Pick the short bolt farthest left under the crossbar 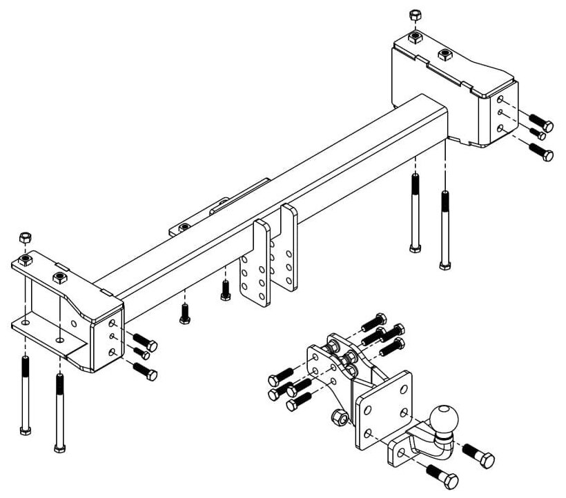click(x=184, y=312)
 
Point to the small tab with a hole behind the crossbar click(x=185, y=228)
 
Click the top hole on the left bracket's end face click(x=113, y=323)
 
